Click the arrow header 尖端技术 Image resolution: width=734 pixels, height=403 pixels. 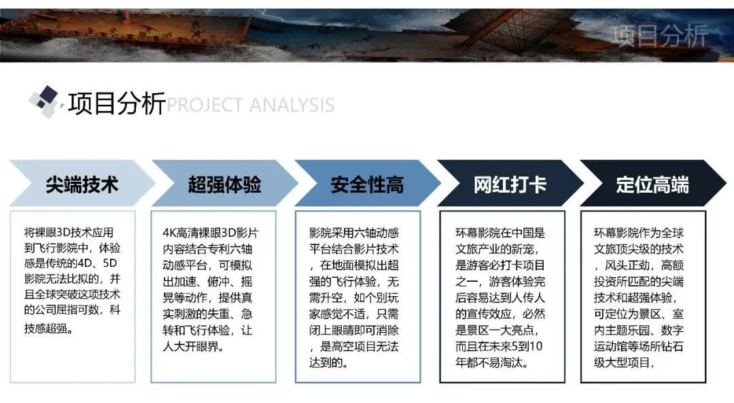pyautogui.click(x=82, y=183)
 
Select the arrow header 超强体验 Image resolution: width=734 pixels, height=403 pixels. pyautogui.click(x=225, y=183)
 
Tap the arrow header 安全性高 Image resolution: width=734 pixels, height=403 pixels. pyautogui.click(x=368, y=183)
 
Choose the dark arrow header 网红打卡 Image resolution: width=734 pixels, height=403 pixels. pyautogui.click(x=510, y=183)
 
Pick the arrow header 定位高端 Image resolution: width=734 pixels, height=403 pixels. pyautogui.click(x=653, y=183)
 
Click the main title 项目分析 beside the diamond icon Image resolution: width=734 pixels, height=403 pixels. pyautogui.click(x=117, y=103)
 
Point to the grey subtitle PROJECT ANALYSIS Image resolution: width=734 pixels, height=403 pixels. pyautogui.click(x=250, y=105)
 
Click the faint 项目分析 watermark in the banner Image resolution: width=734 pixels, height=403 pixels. pyautogui.click(x=660, y=35)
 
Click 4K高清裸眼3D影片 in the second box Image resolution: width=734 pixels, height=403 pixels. pyautogui.click(x=210, y=233)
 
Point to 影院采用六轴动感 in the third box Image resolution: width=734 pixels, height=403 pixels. pyautogui.click(x=354, y=233)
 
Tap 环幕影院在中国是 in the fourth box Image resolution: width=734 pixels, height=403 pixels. pyautogui.click(x=500, y=233)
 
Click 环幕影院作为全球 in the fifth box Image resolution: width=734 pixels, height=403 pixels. pyautogui.click(x=638, y=233)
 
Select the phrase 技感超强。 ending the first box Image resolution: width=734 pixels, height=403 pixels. pyautogui.click(x=49, y=328)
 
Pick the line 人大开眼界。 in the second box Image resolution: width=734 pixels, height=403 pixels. pyautogui.click(x=193, y=346)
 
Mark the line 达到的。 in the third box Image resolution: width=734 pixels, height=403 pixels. pyautogui.click(x=329, y=363)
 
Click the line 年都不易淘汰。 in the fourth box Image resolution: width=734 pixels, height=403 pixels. pyautogui.click(x=492, y=363)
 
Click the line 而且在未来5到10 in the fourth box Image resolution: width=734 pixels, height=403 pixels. pyautogui.click(x=499, y=346)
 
